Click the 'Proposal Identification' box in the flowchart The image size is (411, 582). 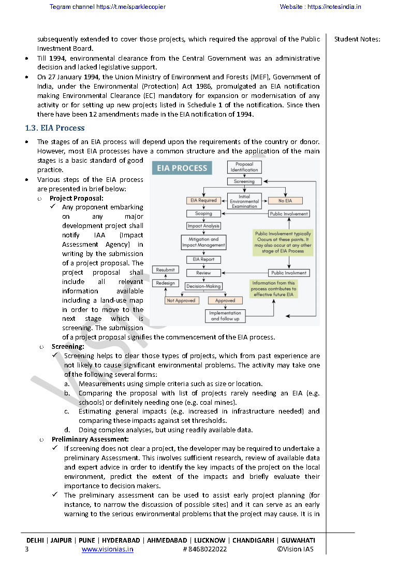244,167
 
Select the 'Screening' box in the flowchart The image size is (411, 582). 244,181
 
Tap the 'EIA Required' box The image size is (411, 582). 203,200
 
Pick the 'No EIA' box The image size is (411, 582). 285,200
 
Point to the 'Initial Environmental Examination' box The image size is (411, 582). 244,202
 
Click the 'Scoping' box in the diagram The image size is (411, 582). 203,213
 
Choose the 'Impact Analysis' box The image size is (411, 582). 203,226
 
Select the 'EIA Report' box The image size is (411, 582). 203,259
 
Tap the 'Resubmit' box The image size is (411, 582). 166,269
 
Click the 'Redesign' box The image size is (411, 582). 166,283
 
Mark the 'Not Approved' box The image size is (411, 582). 181,300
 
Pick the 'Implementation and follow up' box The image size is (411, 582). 225,316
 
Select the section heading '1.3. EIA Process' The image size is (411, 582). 55,128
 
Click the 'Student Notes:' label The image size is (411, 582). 357,39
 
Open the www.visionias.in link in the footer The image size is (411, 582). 107,549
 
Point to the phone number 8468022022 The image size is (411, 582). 207,549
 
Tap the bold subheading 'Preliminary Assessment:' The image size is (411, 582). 90,439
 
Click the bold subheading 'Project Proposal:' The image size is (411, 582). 77,198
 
